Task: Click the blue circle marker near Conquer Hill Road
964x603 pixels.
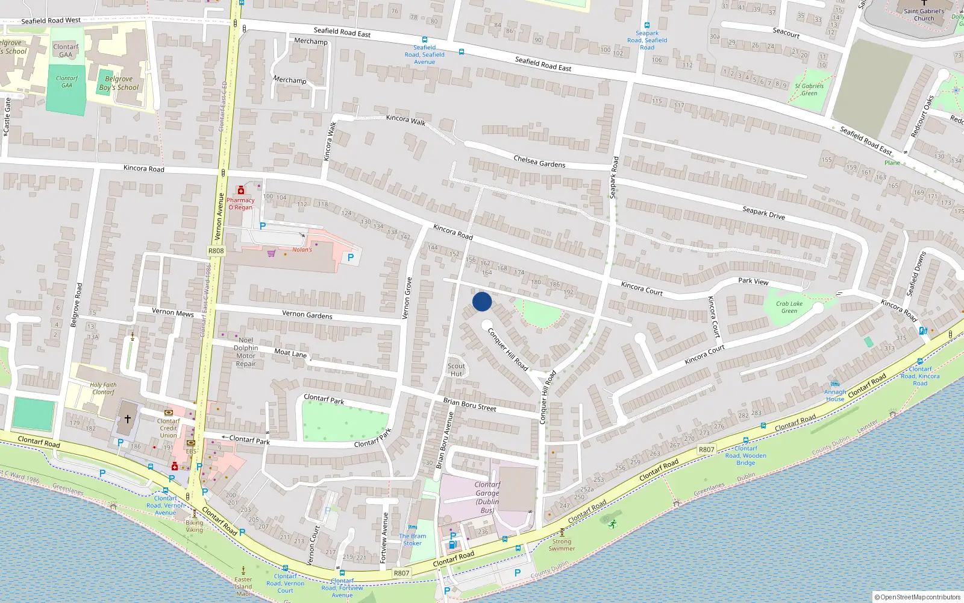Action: [482, 301]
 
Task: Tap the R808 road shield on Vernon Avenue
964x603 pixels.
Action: [216, 251]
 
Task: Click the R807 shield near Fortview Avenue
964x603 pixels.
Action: [401, 573]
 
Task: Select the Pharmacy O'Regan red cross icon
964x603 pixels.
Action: [241, 191]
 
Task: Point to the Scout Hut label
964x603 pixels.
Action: [456, 370]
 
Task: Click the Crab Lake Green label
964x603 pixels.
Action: [789, 308]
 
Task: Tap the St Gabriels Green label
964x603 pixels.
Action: [809, 89]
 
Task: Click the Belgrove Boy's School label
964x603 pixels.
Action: [119, 83]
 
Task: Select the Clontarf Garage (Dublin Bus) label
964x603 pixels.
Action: [487, 497]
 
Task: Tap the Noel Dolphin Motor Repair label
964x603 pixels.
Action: [246, 352]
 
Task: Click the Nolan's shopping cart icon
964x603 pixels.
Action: [272, 253]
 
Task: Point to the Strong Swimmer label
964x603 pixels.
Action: [562, 545]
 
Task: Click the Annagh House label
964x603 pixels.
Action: [835, 395]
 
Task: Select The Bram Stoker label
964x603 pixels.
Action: [412, 539]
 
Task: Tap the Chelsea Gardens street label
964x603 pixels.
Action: [539, 162]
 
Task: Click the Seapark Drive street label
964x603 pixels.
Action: [763, 213]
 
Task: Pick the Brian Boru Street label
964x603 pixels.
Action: [469, 405]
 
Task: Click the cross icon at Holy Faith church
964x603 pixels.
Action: [128, 418]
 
